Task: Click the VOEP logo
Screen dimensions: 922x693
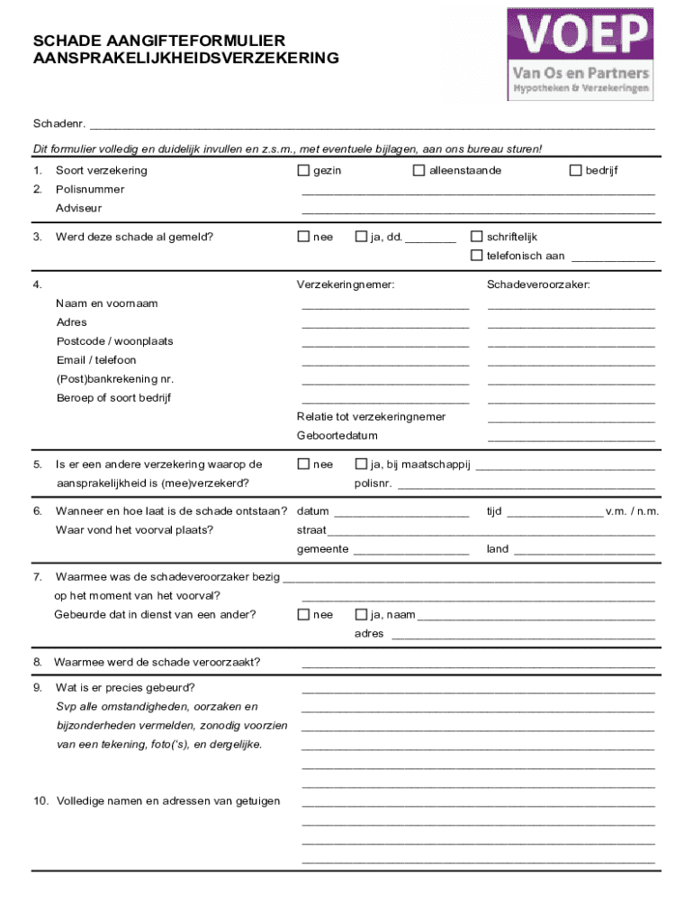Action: (580, 53)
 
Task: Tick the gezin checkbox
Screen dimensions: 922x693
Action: (303, 171)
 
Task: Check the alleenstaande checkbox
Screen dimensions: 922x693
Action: (418, 171)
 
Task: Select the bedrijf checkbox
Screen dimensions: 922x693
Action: (576, 171)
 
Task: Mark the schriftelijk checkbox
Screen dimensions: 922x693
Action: (477, 237)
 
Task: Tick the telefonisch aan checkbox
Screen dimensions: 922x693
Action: (477, 256)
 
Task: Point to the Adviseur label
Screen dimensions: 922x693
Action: (79, 208)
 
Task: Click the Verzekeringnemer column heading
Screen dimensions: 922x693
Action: (346, 285)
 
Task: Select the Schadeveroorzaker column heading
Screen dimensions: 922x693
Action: (538, 285)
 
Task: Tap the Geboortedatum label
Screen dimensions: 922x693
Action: (337, 436)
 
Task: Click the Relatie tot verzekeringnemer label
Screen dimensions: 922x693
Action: (371, 417)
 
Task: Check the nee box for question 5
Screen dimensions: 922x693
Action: (303, 465)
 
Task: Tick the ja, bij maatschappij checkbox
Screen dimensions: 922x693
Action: (361, 465)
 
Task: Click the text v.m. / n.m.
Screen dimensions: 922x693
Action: (632, 511)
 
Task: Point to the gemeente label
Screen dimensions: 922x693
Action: (322, 549)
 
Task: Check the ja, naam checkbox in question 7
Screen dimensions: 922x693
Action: (361, 615)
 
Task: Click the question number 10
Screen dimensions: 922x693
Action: (40, 801)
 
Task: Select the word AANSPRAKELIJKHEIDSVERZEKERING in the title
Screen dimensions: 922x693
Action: (185, 59)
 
